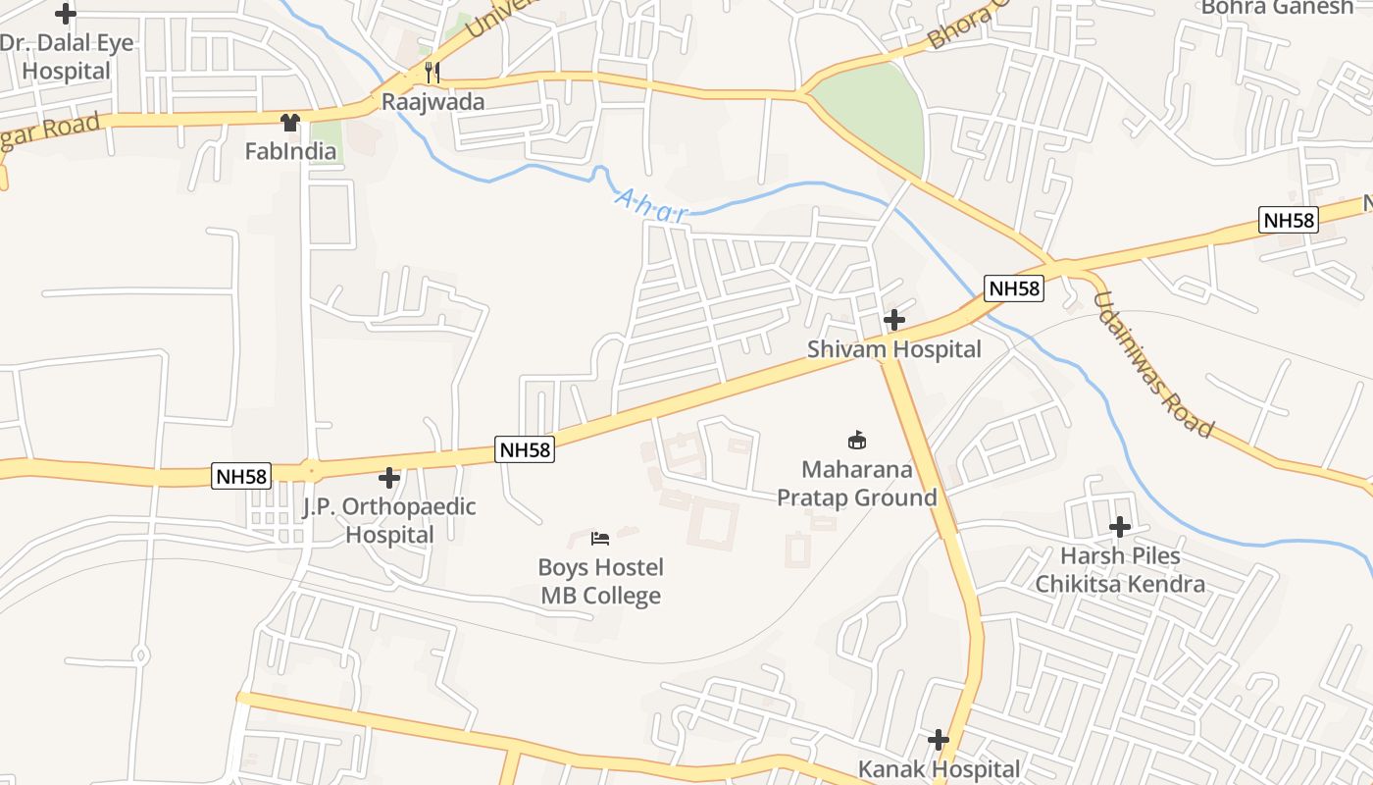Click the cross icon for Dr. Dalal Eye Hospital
click(x=66, y=15)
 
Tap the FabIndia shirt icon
click(x=289, y=123)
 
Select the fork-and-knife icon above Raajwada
click(x=431, y=72)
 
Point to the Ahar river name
click(x=651, y=206)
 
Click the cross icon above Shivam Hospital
click(x=893, y=320)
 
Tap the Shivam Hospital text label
click(x=893, y=349)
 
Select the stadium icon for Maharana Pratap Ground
click(x=856, y=440)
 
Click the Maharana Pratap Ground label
click(x=856, y=484)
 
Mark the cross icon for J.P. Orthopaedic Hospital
click(x=389, y=478)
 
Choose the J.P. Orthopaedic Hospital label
click(x=389, y=521)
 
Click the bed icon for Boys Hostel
click(x=600, y=538)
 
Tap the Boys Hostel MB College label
click(x=600, y=582)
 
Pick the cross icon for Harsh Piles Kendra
click(x=1120, y=527)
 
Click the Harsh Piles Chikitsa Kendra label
click(x=1120, y=570)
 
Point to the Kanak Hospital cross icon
click(x=939, y=739)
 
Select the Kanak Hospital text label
click(x=939, y=769)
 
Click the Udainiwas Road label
click(x=1153, y=365)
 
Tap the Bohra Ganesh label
click(x=1276, y=8)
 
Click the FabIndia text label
click(x=290, y=151)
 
